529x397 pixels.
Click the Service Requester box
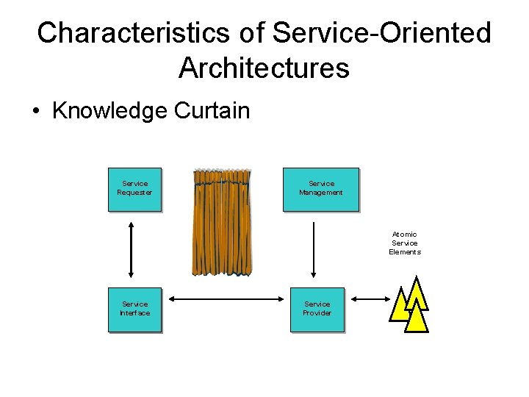point(134,190)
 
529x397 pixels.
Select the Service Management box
point(321,190)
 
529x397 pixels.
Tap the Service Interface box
point(134,310)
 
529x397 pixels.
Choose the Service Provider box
point(317,310)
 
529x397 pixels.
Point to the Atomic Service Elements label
point(405,243)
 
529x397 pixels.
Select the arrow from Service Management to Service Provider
point(314,248)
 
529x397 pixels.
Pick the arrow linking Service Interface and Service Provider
point(226,298)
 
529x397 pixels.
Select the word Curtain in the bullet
point(212,111)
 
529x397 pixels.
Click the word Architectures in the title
point(264,68)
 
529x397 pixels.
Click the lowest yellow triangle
point(416,318)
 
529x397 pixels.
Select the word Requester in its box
point(134,193)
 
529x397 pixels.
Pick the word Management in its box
point(321,193)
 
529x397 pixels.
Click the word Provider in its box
point(317,313)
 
